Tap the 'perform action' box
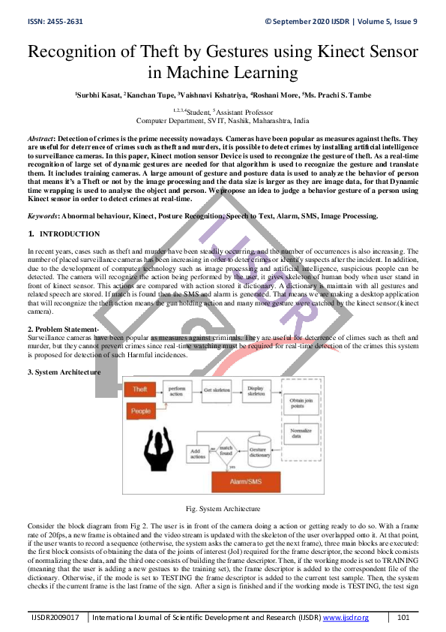tap(177, 391)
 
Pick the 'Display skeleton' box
tap(256, 391)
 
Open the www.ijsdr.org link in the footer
tap(346, 617)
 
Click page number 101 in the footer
tap(403, 617)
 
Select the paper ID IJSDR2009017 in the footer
tap(55, 617)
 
